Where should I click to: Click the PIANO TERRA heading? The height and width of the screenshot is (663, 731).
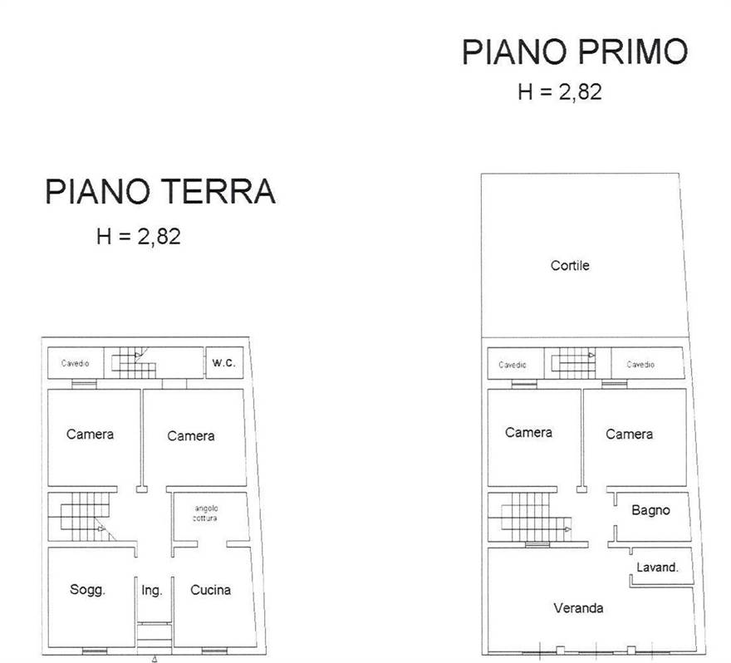tap(159, 191)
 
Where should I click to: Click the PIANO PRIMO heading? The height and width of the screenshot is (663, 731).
tap(574, 52)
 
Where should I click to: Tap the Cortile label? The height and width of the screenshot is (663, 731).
tap(570, 265)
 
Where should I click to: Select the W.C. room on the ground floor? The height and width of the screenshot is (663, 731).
tap(224, 363)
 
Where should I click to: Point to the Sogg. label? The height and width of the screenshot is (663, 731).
tap(88, 590)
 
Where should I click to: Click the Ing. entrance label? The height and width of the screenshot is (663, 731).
tap(151, 591)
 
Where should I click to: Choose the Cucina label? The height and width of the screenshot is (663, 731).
tap(210, 590)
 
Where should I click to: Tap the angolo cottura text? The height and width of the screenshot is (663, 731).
tap(206, 513)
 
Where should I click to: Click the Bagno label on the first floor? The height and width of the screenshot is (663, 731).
tap(650, 510)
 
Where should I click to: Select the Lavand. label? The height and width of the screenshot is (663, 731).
tap(657, 567)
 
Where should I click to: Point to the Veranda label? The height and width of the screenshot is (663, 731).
tap(578, 607)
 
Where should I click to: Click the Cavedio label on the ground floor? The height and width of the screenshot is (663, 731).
tap(75, 363)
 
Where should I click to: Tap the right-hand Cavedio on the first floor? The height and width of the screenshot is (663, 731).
tap(640, 364)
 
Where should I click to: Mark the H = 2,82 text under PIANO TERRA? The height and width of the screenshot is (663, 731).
tap(139, 237)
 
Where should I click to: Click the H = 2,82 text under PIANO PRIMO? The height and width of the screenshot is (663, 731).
tap(559, 92)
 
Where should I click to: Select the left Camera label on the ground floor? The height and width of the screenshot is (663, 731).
tap(90, 434)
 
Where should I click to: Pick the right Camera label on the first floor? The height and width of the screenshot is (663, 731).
tap(629, 434)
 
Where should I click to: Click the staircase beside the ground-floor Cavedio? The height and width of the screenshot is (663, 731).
tap(134, 363)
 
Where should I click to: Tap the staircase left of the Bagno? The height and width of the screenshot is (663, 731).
tap(531, 517)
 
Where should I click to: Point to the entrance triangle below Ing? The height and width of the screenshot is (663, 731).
tap(155, 659)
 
